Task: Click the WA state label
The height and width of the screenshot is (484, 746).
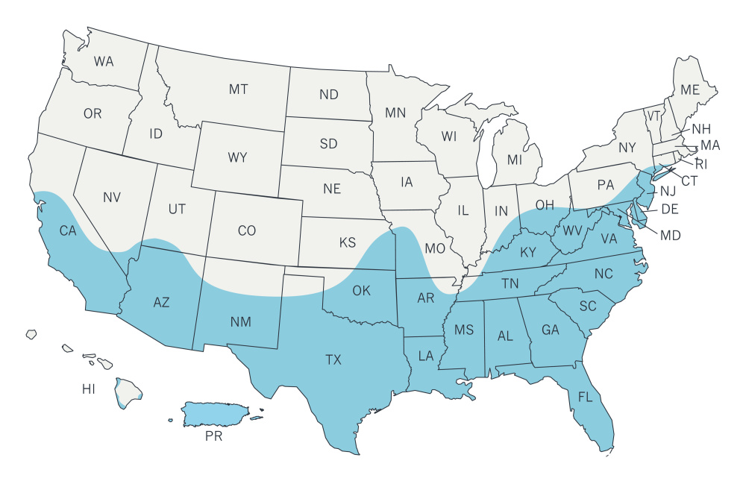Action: point(104,62)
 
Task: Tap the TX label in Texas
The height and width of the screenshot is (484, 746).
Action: point(333,360)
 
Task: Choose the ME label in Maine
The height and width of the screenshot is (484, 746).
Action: point(690,89)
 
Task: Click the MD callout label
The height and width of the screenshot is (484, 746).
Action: point(671,236)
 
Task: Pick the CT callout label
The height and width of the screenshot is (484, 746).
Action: point(689,180)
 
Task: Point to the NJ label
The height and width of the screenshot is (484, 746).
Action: point(667,191)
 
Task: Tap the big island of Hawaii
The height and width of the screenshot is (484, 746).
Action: point(128,392)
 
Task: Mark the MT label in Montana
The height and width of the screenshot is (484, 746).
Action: point(238,89)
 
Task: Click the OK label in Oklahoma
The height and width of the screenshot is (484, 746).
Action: point(361,290)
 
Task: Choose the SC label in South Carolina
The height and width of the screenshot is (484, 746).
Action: point(588,307)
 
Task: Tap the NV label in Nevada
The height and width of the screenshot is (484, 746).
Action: point(112,198)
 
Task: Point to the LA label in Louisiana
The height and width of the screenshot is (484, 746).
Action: point(425,356)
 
